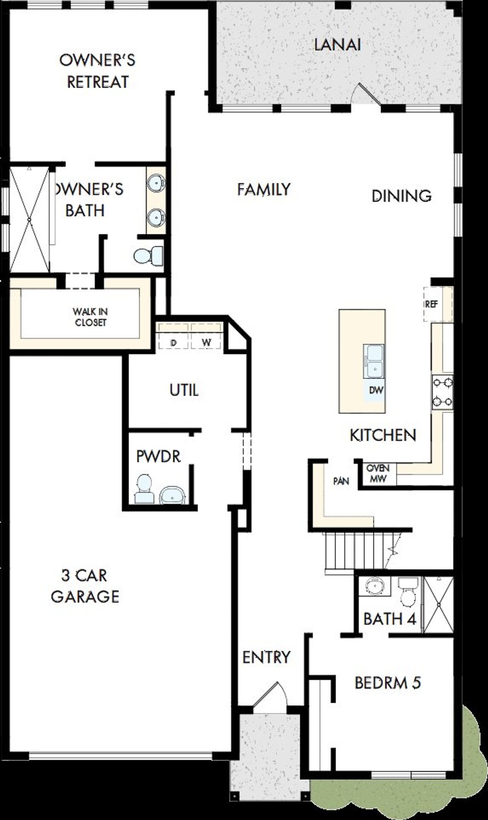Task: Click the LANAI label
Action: point(337,45)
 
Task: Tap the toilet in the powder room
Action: point(144,489)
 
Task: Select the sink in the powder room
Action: point(172,495)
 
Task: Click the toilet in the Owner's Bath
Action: point(148,256)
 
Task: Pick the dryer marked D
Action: point(174,342)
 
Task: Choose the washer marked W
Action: point(206,342)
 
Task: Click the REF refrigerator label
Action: point(432,304)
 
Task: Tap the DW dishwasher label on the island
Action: point(376,390)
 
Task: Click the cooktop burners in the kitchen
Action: point(442,392)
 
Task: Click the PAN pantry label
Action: point(341,481)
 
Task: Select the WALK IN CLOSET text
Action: point(90,317)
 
